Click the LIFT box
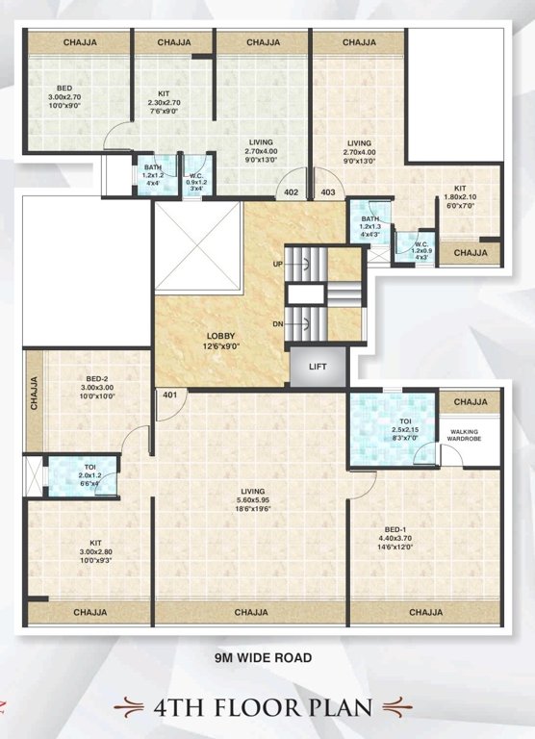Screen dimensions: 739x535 (x=317, y=367)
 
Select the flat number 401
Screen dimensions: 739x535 (x=170, y=395)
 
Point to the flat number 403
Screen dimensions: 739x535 (x=329, y=192)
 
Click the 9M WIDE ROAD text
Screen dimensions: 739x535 (x=263, y=659)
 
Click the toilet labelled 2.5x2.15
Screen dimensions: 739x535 (x=392, y=428)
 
